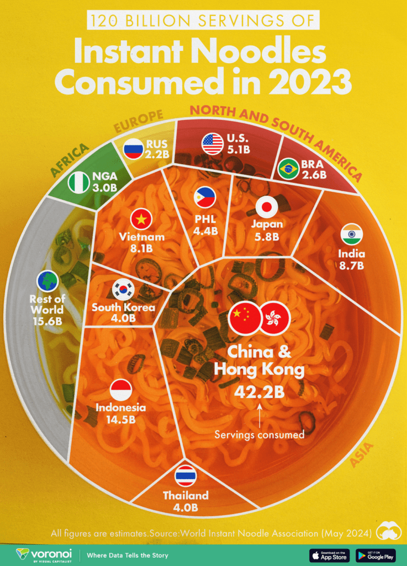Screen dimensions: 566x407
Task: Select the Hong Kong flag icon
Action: coord(276,319)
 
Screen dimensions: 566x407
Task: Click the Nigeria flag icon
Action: coord(78,183)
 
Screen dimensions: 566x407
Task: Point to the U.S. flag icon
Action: coord(213,144)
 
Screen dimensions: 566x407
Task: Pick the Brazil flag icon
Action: coord(288,169)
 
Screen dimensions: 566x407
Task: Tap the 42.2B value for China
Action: coord(259,392)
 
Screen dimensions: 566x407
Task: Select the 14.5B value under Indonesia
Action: coord(120,419)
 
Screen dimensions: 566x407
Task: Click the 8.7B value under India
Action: coord(352,266)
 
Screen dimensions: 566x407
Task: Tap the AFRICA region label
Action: coord(70,160)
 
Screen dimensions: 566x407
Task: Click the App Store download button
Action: coord(329,555)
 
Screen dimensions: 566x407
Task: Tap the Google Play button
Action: coord(376,555)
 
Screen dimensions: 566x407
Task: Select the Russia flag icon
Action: coord(133,149)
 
